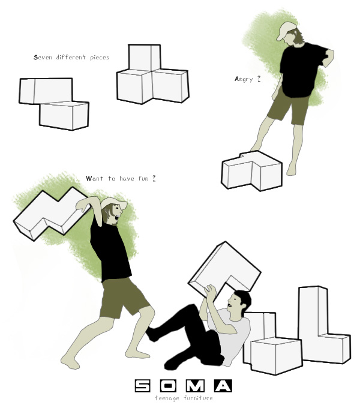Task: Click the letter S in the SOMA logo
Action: click(x=143, y=386)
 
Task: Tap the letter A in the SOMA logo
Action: click(x=223, y=386)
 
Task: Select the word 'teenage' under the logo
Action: click(x=167, y=398)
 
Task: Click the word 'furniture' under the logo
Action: click(x=198, y=398)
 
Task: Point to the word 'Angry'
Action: click(x=244, y=79)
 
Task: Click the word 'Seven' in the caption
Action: click(x=43, y=58)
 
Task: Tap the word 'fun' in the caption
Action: click(x=143, y=178)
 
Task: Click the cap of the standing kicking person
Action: click(x=286, y=30)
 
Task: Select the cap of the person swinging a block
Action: click(x=114, y=203)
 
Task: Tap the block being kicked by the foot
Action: click(x=251, y=171)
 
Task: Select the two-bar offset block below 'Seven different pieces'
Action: click(x=53, y=104)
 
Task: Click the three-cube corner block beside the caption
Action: click(x=152, y=75)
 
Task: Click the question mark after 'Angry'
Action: click(x=259, y=79)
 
